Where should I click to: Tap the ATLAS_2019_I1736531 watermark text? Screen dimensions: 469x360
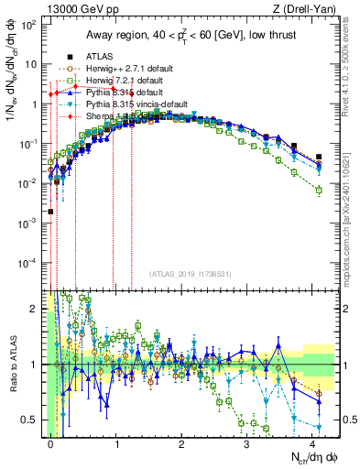pos(192,274)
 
